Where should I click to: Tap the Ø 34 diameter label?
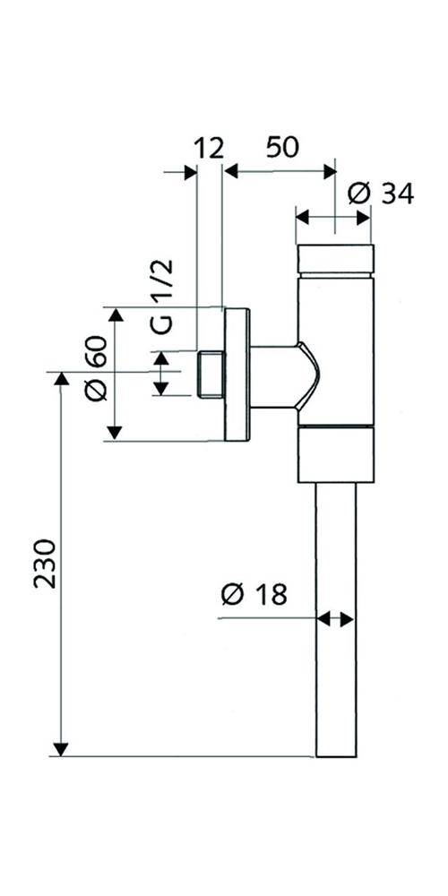pos(381,192)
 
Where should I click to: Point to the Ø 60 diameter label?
pos(96,369)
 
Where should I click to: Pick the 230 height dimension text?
pos(46,563)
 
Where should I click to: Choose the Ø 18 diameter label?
pos(254,593)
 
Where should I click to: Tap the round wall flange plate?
pos(237,374)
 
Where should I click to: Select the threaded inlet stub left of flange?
pos(209,374)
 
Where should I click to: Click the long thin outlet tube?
pos(336,618)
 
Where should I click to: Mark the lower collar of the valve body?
pos(334,455)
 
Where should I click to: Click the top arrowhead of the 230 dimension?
pos(61,380)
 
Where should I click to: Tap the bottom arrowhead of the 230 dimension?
pos(61,748)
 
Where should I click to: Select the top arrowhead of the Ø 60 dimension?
pos(114,314)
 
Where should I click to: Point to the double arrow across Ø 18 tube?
pos(336,618)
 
